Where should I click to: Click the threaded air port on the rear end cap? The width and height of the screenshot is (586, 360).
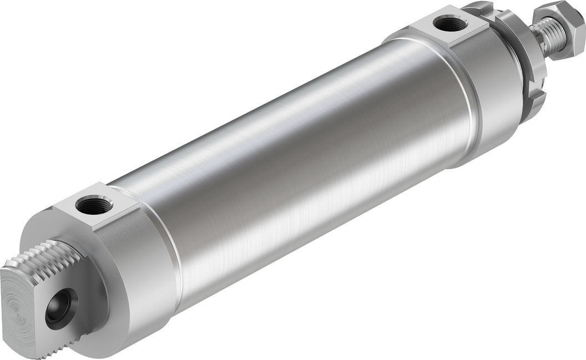tap(94, 206)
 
